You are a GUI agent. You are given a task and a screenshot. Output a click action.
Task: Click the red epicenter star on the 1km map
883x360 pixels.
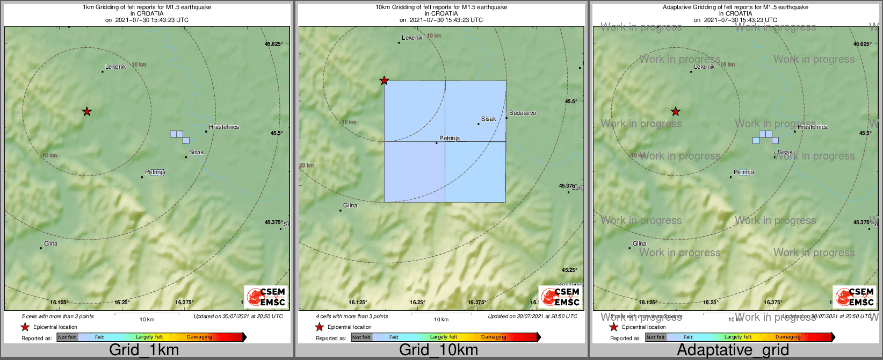tap(87, 112)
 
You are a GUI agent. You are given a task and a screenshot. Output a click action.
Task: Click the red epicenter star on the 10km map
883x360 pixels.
tap(384, 81)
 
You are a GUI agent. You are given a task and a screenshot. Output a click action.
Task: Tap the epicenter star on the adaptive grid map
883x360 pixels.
tap(676, 112)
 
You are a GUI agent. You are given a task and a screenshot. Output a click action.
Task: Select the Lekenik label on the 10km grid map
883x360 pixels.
tap(412, 38)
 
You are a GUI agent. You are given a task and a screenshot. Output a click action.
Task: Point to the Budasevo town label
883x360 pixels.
tap(522, 113)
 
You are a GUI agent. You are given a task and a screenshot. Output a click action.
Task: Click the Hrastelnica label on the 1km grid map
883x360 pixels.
tap(223, 127)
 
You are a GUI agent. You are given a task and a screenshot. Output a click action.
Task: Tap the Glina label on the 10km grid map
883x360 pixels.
tap(350, 206)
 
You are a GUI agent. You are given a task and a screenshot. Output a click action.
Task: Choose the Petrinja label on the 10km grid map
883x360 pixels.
tap(450, 139)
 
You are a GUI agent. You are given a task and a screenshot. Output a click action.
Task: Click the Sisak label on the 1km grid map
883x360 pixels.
tap(196, 153)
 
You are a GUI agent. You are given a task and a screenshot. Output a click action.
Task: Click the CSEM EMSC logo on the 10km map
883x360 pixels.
tap(560, 297)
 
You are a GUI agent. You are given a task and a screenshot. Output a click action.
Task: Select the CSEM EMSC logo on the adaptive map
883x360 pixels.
tap(855, 297)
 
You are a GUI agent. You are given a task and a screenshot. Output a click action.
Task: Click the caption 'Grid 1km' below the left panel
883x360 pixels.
tap(144, 350)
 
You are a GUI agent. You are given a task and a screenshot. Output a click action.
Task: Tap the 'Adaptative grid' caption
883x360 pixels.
tap(733, 350)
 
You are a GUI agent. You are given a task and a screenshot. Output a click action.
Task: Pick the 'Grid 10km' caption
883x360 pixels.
tap(438, 350)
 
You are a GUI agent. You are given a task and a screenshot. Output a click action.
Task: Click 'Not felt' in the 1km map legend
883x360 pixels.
tap(67, 337)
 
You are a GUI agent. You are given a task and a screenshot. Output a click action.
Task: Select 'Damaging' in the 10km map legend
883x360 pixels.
tap(494, 337)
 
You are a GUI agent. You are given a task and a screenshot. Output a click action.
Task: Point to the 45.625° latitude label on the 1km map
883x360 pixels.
tap(274, 44)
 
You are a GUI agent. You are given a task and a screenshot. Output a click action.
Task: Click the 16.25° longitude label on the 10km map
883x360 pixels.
tap(417, 303)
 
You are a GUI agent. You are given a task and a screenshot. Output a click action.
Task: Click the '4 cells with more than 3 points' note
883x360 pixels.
tap(352, 316)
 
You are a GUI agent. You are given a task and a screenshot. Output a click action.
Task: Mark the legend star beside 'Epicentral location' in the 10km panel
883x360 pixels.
tap(319, 327)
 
